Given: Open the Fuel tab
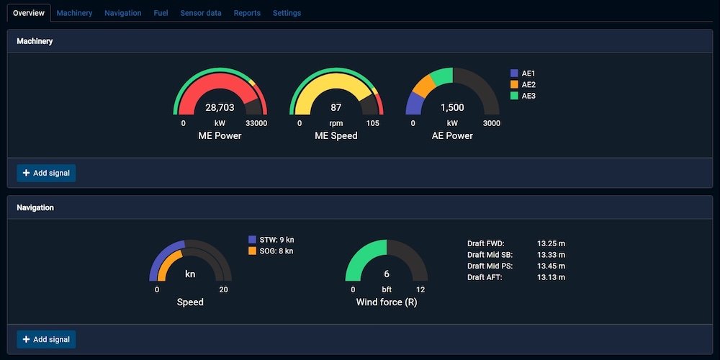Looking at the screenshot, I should pos(161,13).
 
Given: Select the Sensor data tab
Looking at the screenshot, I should pos(201,13).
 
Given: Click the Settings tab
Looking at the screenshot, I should pos(287,13).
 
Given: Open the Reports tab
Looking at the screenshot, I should pos(247,13).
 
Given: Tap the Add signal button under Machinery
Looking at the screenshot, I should pos(46,173).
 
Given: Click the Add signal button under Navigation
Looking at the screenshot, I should pos(46,339).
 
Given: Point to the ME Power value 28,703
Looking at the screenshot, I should pos(220,107).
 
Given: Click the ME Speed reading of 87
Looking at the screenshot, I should pos(336,107).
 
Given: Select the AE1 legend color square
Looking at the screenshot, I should pos(514,73).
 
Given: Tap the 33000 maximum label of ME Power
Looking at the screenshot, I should pos(256,123).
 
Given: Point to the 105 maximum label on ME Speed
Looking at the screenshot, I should pos(372,123).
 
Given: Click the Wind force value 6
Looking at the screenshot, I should pos(387,274).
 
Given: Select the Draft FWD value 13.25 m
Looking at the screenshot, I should pos(551,243).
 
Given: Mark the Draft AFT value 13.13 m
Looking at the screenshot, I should pos(551,277).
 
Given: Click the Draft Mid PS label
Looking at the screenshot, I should pos(490,266).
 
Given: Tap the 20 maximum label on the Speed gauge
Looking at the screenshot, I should pos(224,289).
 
